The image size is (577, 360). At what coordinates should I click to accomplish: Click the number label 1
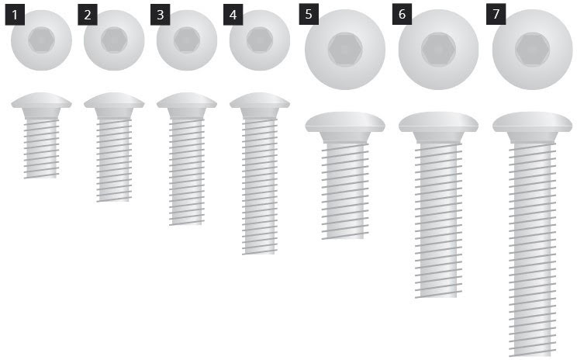(x=15, y=15)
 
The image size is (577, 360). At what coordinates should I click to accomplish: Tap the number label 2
(x=88, y=15)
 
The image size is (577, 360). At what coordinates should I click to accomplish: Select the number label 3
(x=160, y=15)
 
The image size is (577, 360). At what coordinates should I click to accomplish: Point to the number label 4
(x=233, y=15)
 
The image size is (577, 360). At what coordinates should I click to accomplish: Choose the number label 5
(x=309, y=14)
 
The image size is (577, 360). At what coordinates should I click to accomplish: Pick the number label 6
(x=402, y=14)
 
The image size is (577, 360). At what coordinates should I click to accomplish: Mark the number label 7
(x=496, y=14)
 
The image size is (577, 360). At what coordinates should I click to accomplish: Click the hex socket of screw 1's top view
(x=42, y=40)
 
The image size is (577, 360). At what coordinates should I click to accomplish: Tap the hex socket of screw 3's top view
(x=187, y=40)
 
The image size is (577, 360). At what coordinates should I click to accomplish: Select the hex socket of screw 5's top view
(x=345, y=50)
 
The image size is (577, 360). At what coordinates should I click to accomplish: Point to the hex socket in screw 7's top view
(x=533, y=50)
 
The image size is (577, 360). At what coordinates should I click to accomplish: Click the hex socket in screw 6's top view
(x=439, y=50)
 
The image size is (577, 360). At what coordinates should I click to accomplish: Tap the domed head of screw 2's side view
(x=114, y=101)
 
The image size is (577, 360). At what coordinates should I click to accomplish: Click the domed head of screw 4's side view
(x=260, y=101)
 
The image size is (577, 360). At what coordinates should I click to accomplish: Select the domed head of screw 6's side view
(x=439, y=123)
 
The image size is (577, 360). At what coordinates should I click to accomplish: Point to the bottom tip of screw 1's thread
(x=40, y=178)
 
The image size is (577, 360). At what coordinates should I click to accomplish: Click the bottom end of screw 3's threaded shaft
(x=186, y=223)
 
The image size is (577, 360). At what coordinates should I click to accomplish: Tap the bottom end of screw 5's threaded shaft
(x=345, y=237)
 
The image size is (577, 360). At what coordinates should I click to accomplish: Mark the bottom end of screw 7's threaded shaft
(x=533, y=355)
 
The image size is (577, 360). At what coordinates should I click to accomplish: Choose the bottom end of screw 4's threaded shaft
(x=259, y=252)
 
